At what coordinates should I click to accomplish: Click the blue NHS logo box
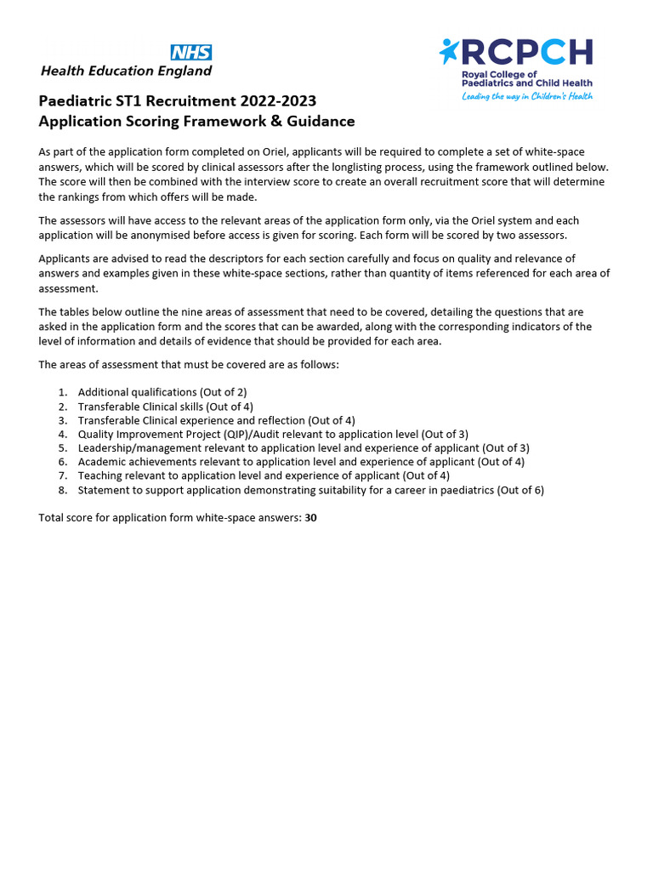point(191,52)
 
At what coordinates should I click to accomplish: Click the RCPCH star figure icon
point(448,51)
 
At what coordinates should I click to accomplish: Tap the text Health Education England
point(126,71)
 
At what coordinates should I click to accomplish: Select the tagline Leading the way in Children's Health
point(527,96)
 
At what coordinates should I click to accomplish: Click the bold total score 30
point(310,517)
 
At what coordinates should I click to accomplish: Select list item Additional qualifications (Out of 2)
point(162,392)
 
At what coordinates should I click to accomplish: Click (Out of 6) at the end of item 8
point(520,490)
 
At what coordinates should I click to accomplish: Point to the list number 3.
point(62,420)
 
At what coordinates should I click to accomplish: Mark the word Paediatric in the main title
point(73,102)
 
